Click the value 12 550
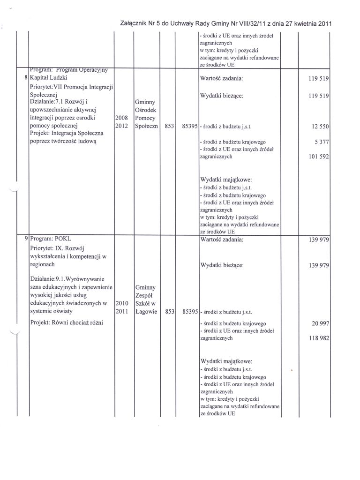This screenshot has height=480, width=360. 317,127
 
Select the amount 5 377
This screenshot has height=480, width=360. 319,142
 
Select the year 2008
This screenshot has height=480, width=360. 121,118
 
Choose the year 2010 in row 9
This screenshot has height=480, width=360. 121,303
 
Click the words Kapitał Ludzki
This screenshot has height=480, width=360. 49,78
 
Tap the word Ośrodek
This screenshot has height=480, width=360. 145,110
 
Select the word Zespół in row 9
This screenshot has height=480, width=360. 144,295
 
